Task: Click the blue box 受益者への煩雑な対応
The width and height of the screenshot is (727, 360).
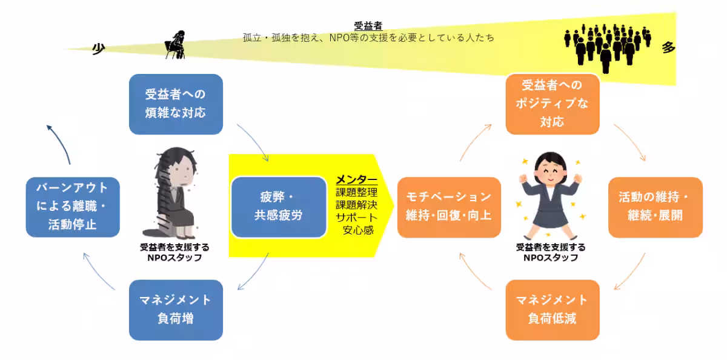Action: coord(176,104)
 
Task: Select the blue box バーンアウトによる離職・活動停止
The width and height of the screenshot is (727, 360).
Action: coord(73,207)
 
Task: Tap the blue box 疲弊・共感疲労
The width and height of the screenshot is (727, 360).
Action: coord(279,207)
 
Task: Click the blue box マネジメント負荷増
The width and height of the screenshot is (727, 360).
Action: coord(176,309)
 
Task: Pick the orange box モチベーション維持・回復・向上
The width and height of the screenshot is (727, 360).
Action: coord(449,207)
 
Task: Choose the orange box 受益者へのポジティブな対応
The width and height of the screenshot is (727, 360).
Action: coord(552,104)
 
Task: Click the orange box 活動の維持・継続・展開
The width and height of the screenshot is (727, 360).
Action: coord(655,207)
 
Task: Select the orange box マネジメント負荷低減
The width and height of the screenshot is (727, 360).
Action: coord(552,309)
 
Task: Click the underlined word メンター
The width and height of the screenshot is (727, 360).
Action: coord(356,181)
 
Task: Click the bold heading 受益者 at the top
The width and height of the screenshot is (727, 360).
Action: coord(368,26)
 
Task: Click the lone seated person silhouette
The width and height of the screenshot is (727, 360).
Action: coord(175,44)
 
